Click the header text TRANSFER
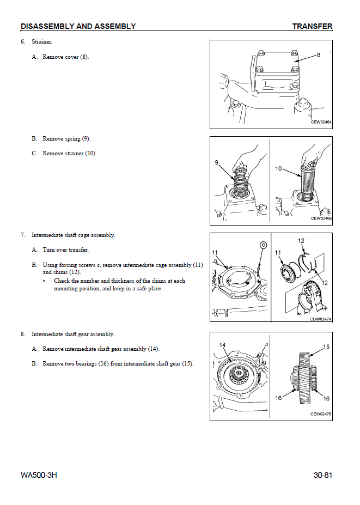312,26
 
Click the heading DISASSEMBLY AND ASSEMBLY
78,26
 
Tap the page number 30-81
322,475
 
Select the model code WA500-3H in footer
39,475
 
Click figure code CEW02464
321,123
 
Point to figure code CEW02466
321,218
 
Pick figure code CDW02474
321,319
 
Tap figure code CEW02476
321,414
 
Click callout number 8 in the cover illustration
319,55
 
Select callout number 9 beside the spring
217,163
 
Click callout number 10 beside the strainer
278,169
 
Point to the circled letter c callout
263,245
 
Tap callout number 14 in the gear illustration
222,345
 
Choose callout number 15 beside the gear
326,346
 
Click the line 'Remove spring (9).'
66,139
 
